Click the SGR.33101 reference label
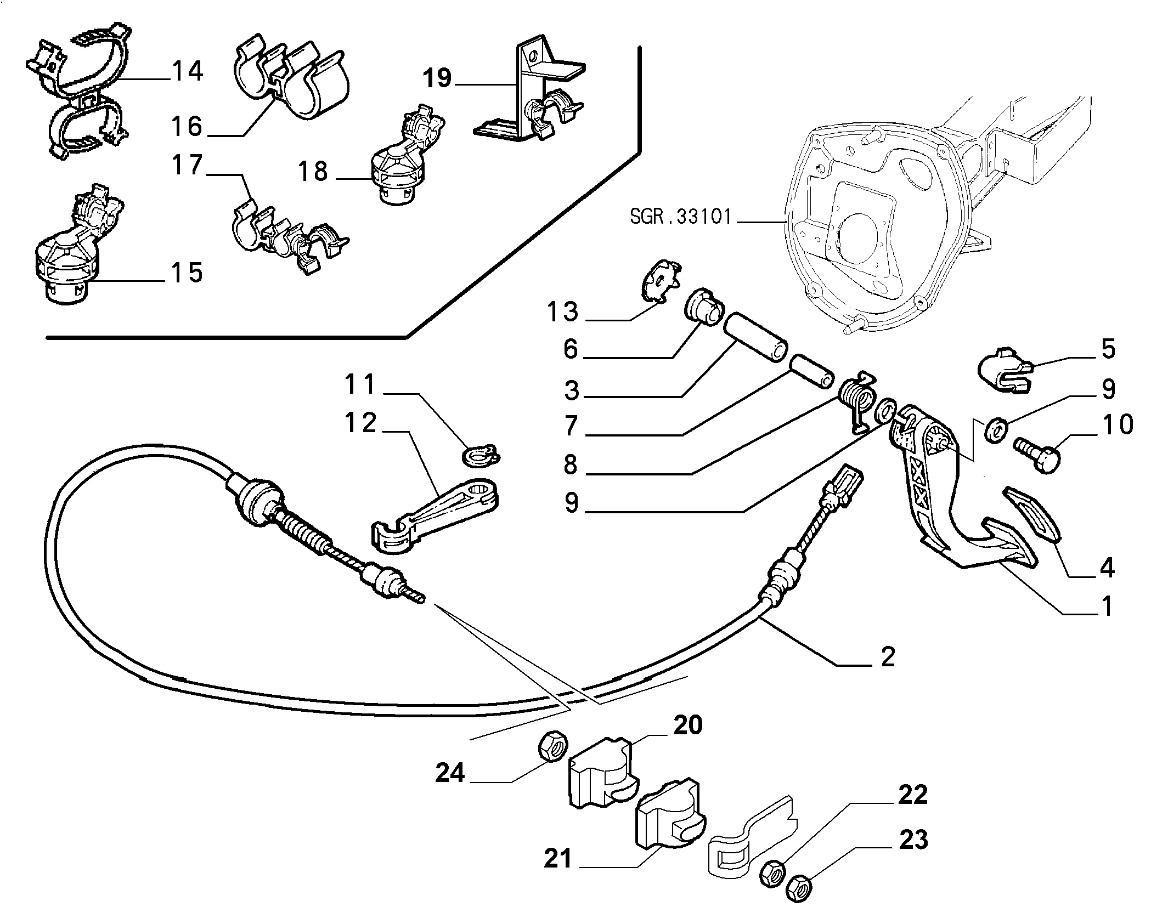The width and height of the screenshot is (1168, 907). coord(680,217)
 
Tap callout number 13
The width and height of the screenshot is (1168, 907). coord(562,312)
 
